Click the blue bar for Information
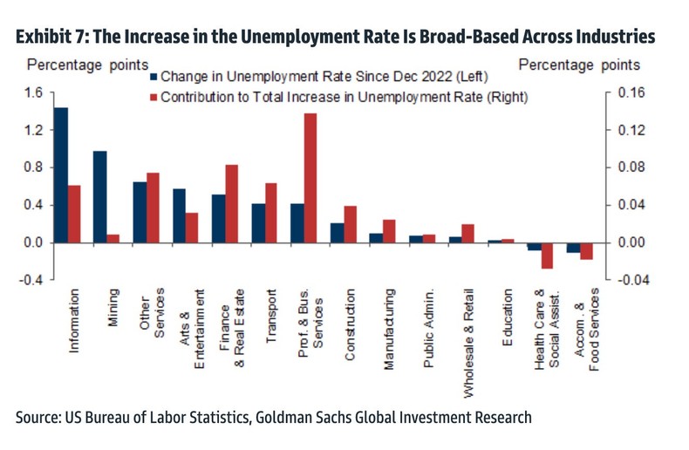(x=61, y=174)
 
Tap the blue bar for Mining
(x=100, y=196)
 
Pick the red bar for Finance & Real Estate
(x=231, y=203)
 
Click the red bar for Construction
(x=350, y=224)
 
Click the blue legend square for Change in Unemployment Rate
(x=153, y=77)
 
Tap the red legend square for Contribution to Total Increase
(x=153, y=97)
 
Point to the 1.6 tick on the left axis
(x=32, y=92)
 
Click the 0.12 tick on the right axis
(x=633, y=130)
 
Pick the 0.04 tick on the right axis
(x=633, y=205)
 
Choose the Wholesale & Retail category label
(x=468, y=343)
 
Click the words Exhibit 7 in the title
(x=57, y=37)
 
